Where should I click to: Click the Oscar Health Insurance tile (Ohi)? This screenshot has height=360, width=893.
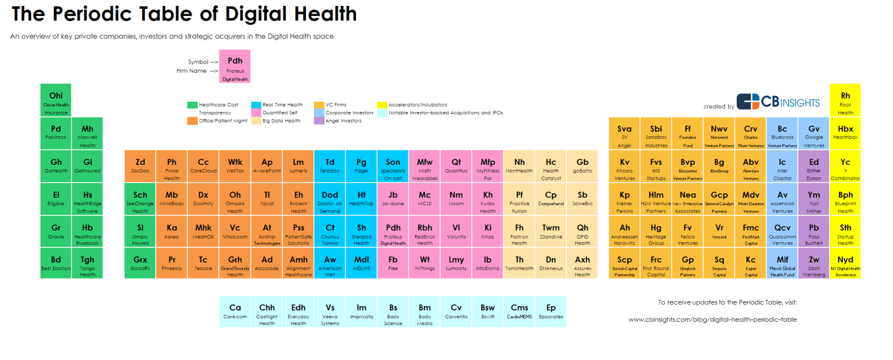pos(56,100)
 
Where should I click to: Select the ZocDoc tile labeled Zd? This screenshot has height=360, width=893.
pos(140,166)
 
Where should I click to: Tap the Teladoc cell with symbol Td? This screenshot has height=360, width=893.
pos(330,166)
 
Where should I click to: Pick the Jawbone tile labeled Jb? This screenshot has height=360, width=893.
pos(393,199)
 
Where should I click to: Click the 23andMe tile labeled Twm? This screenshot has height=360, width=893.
pos(551,231)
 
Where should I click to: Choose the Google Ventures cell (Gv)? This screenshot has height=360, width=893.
pos(814,133)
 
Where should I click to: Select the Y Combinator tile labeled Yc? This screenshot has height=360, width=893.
pos(845,166)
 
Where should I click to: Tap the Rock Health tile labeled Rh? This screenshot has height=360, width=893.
pos(845,100)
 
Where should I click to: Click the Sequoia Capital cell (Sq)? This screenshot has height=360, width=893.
pos(719,264)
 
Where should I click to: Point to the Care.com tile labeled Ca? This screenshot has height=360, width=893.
pos(235,312)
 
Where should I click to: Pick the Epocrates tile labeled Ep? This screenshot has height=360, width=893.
pos(551,312)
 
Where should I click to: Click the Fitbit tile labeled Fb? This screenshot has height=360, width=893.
pos(393,264)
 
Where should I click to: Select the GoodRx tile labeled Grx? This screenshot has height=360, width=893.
pos(140,264)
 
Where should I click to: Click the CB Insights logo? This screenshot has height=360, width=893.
pos(778,102)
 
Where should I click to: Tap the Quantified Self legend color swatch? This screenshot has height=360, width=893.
pos(256,112)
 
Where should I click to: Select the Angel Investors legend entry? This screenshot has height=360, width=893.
pos(344,121)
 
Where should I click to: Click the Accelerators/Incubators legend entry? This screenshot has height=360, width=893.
pos(417,105)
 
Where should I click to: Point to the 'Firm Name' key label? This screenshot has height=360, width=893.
pos(191,71)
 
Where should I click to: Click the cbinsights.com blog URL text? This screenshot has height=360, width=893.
pos(713,320)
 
